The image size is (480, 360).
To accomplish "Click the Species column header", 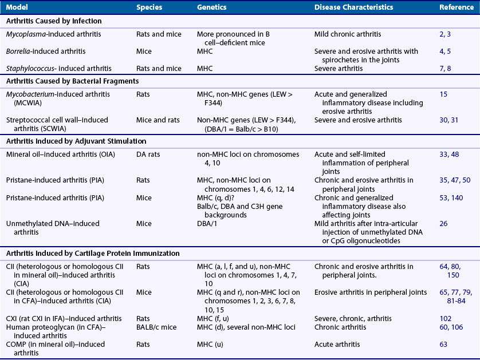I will point(149,7).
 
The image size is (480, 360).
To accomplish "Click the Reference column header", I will point(456,7).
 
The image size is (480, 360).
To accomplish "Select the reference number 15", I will point(444,94).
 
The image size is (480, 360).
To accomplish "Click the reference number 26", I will point(444,223).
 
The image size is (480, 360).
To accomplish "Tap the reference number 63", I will point(444,343).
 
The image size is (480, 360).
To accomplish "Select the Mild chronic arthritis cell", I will point(348,34).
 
